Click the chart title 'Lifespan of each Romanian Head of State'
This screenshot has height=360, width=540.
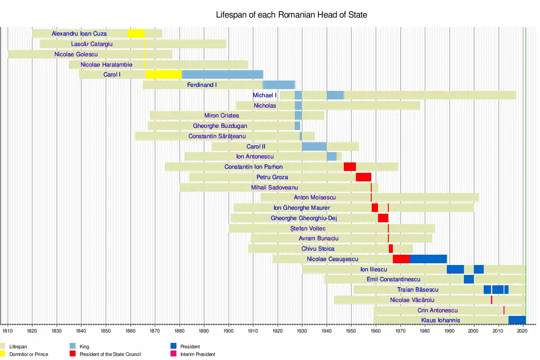(291, 15)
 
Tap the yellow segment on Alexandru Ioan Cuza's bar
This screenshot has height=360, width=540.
(136, 33)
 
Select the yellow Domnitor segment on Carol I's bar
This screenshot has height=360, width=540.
(164, 75)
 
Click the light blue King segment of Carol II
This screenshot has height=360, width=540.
(315, 146)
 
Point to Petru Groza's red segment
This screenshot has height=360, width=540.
(364, 177)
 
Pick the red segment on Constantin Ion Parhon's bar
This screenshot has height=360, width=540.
(350, 166)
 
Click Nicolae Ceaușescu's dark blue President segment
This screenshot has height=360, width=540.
(428, 259)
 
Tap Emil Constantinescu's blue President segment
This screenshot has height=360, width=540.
(469, 279)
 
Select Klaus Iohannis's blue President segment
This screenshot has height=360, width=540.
(517, 320)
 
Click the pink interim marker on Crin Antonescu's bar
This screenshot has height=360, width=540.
(504, 310)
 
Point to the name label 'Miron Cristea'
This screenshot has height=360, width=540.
(221, 116)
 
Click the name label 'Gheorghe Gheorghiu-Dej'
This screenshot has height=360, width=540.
(304, 218)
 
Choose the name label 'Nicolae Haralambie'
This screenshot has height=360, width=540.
(106, 65)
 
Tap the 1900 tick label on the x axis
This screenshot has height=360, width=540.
(228, 331)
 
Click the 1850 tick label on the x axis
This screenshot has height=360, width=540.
(106, 331)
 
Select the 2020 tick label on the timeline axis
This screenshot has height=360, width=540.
(522, 331)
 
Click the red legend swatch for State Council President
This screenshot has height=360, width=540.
(72, 354)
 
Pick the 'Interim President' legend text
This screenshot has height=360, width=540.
(198, 354)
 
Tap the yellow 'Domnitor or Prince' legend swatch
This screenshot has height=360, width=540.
(3, 354)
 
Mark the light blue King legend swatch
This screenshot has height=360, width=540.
(72, 346)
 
